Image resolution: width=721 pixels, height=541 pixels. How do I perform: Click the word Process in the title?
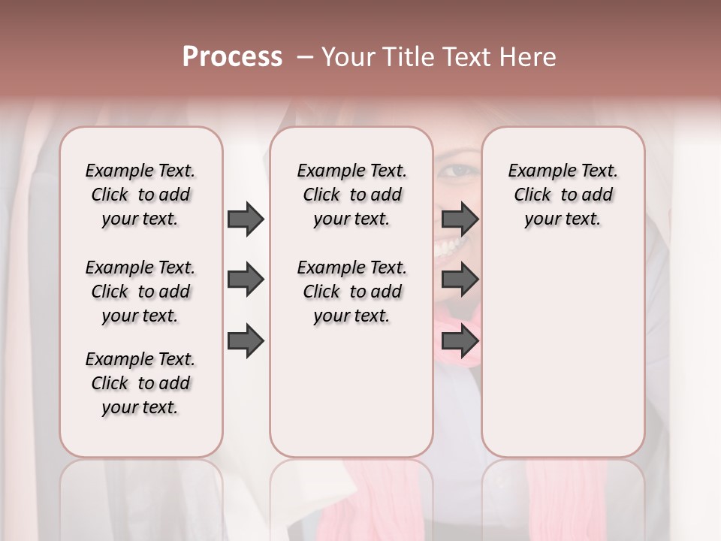coord(232,57)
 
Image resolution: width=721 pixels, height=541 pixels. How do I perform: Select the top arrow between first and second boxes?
coord(246,219)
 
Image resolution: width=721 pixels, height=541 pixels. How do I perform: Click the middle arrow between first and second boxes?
coord(246,280)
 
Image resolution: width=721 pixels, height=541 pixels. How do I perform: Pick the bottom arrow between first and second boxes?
coord(246,341)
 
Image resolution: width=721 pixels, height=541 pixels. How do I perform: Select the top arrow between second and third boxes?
coord(460,219)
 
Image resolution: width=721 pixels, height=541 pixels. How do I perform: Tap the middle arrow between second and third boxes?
coord(460,280)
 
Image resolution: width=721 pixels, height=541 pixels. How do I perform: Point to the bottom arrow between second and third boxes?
coord(460,341)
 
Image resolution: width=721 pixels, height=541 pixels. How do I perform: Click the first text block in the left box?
coord(140,195)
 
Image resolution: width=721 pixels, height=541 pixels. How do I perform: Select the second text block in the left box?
coord(140,292)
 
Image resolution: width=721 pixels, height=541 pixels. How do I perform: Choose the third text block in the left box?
coord(140,383)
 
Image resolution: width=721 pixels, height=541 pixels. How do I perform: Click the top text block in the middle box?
coord(351,195)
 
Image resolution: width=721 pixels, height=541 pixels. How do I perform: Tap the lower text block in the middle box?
coord(351,292)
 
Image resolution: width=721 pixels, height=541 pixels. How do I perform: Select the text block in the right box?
coord(563,195)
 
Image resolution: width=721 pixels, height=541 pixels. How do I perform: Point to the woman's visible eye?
coord(455,171)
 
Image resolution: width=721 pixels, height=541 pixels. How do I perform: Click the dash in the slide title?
coord(303,57)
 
